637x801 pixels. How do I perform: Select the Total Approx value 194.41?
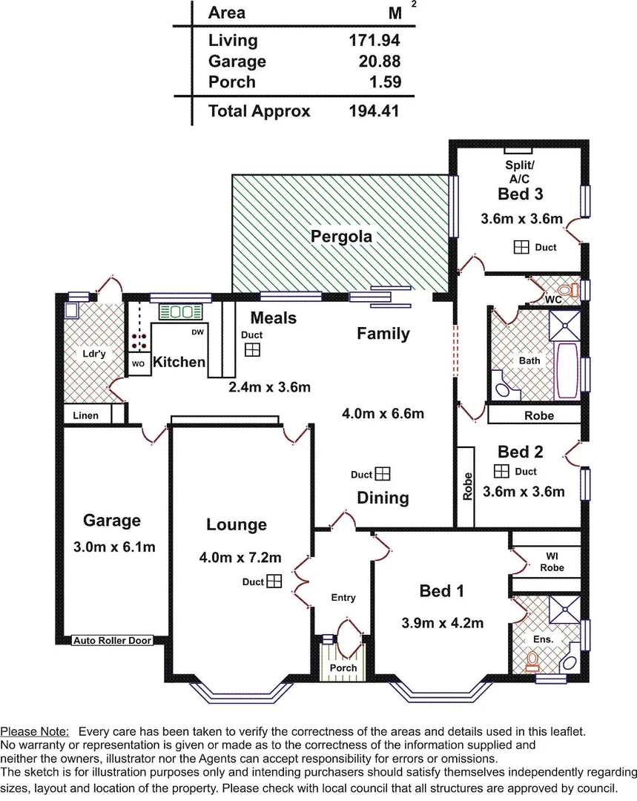pos(374,111)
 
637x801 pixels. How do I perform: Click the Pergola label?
pos(341,237)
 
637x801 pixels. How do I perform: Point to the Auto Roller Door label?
pos(112,640)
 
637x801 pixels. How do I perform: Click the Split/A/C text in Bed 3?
pos(520,172)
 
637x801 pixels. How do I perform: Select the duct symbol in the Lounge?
pos(274,581)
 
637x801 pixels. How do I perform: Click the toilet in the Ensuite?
pos(532,659)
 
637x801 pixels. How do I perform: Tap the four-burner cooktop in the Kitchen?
pos(138,340)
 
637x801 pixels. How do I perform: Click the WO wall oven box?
pos(138,364)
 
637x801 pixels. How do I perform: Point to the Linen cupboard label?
pos(85,415)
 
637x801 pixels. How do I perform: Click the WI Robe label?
pos(552,561)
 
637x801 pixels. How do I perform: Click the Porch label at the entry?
pos(343,667)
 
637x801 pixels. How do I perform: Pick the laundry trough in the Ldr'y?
pos(73,309)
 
